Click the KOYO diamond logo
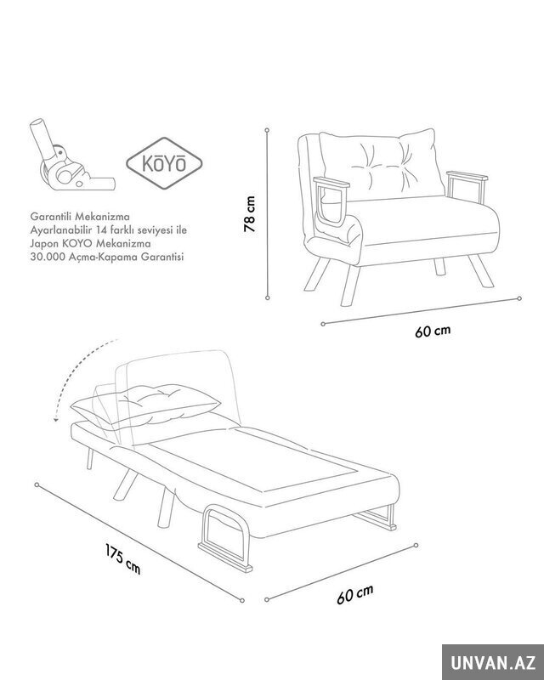[164, 163]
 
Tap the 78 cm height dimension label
[250, 214]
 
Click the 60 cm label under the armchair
[433, 331]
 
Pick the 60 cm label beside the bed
[354, 594]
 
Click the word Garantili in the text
[48, 216]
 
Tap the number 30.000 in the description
[46, 257]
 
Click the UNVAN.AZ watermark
[493, 662]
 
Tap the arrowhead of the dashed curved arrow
[55, 419]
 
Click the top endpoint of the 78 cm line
[267, 130]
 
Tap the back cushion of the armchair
[382, 165]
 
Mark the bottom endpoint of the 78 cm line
[268, 297]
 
